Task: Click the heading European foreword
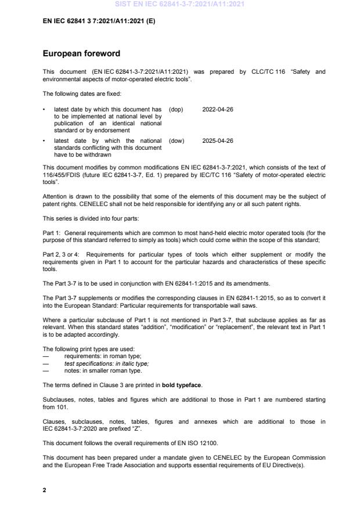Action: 81,54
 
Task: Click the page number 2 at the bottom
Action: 44,490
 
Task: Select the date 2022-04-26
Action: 218,109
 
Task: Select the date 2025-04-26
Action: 218,140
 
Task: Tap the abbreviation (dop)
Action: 176,109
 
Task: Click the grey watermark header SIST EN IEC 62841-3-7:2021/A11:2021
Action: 179,4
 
